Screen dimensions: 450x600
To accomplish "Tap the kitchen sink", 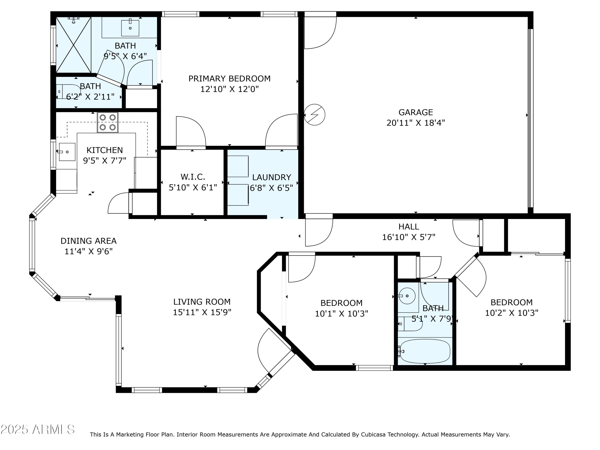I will click(x=67, y=152).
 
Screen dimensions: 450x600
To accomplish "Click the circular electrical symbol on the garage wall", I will click(x=314, y=115).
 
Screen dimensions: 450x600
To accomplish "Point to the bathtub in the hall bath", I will click(x=425, y=351).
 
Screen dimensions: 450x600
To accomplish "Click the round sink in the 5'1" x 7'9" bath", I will click(x=407, y=296).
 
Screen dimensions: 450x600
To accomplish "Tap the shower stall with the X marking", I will click(x=74, y=45).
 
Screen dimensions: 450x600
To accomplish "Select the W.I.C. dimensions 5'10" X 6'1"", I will click(x=193, y=187).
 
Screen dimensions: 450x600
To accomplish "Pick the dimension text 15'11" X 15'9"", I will click(x=202, y=312).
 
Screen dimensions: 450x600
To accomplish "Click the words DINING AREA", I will click(x=88, y=241).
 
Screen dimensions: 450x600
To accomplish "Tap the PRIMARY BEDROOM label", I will click(x=229, y=79).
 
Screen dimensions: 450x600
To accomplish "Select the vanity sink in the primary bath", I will click(x=130, y=28).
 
